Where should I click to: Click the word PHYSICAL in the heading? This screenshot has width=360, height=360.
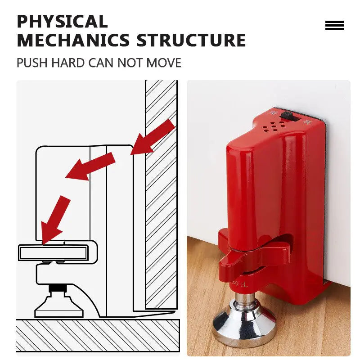(62, 22)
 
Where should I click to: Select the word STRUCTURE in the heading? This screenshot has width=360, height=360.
(191, 40)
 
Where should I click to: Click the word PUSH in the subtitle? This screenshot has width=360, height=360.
(32, 63)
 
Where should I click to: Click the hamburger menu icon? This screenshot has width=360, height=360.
(334, 26)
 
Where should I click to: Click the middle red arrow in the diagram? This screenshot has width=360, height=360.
(90, 166)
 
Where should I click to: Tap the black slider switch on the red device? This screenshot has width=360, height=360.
(290, 116)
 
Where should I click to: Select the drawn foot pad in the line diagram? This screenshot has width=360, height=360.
(59, 306)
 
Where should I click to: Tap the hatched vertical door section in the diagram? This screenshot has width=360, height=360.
(161, 193)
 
